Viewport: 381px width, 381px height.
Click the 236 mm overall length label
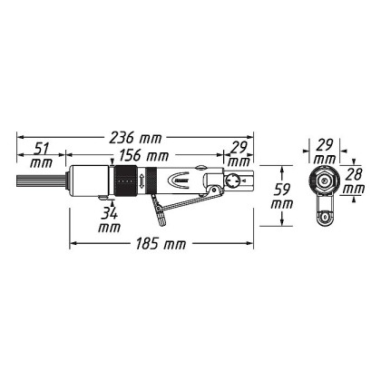click(x=135, y=138)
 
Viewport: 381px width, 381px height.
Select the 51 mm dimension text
click(x=41, y=156)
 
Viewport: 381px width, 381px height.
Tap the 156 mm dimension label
click(x=142, y=156)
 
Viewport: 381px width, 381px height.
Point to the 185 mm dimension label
click(x=161, y=244)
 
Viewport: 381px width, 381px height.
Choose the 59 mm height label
click(x=282, y=197)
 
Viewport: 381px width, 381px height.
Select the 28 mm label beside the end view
click(x=355, y=181)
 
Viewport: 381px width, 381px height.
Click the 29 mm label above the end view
click(x=325, y=151)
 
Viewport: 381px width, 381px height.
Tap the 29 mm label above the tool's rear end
click(x=239, y=154)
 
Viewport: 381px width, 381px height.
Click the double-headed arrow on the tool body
click(x=142, y=181)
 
